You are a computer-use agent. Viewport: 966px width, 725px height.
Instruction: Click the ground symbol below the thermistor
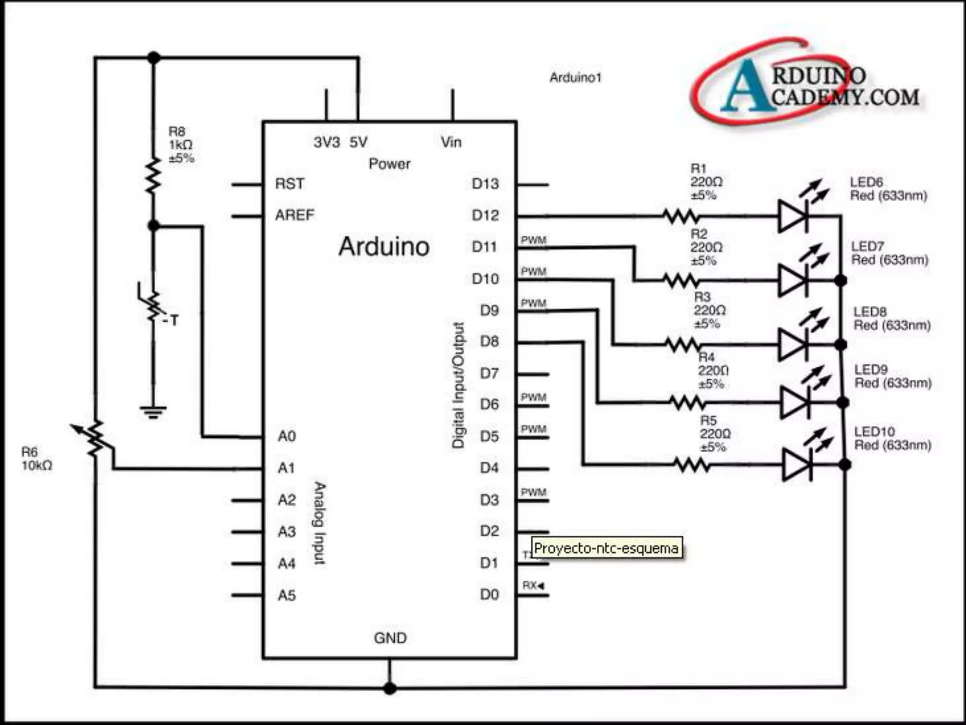point(153,412)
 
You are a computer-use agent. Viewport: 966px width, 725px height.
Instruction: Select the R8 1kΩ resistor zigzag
point(153,176)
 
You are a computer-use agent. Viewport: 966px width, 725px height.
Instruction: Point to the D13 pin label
point(485,184)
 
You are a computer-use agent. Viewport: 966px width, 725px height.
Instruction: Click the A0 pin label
point(286,436)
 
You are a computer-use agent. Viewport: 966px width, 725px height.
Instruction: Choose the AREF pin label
point(294,215)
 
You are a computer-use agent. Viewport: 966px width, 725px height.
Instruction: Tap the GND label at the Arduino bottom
point(390,638)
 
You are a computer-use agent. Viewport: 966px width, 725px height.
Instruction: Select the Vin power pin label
point(451,142)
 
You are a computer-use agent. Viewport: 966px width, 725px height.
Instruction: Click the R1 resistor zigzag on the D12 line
point(681,217)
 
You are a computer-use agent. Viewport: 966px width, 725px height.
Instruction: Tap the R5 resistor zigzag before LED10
point(691,465)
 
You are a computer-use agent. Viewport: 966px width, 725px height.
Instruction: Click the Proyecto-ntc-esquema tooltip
point(607,548)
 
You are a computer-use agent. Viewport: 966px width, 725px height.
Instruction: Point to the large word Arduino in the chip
point(384,246)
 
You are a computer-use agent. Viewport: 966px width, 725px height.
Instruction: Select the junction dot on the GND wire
point(390,688)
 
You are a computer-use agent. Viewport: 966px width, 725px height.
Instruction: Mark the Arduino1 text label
point(575,77)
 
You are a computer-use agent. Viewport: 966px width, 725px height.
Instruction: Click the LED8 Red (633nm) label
point(891,319)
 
